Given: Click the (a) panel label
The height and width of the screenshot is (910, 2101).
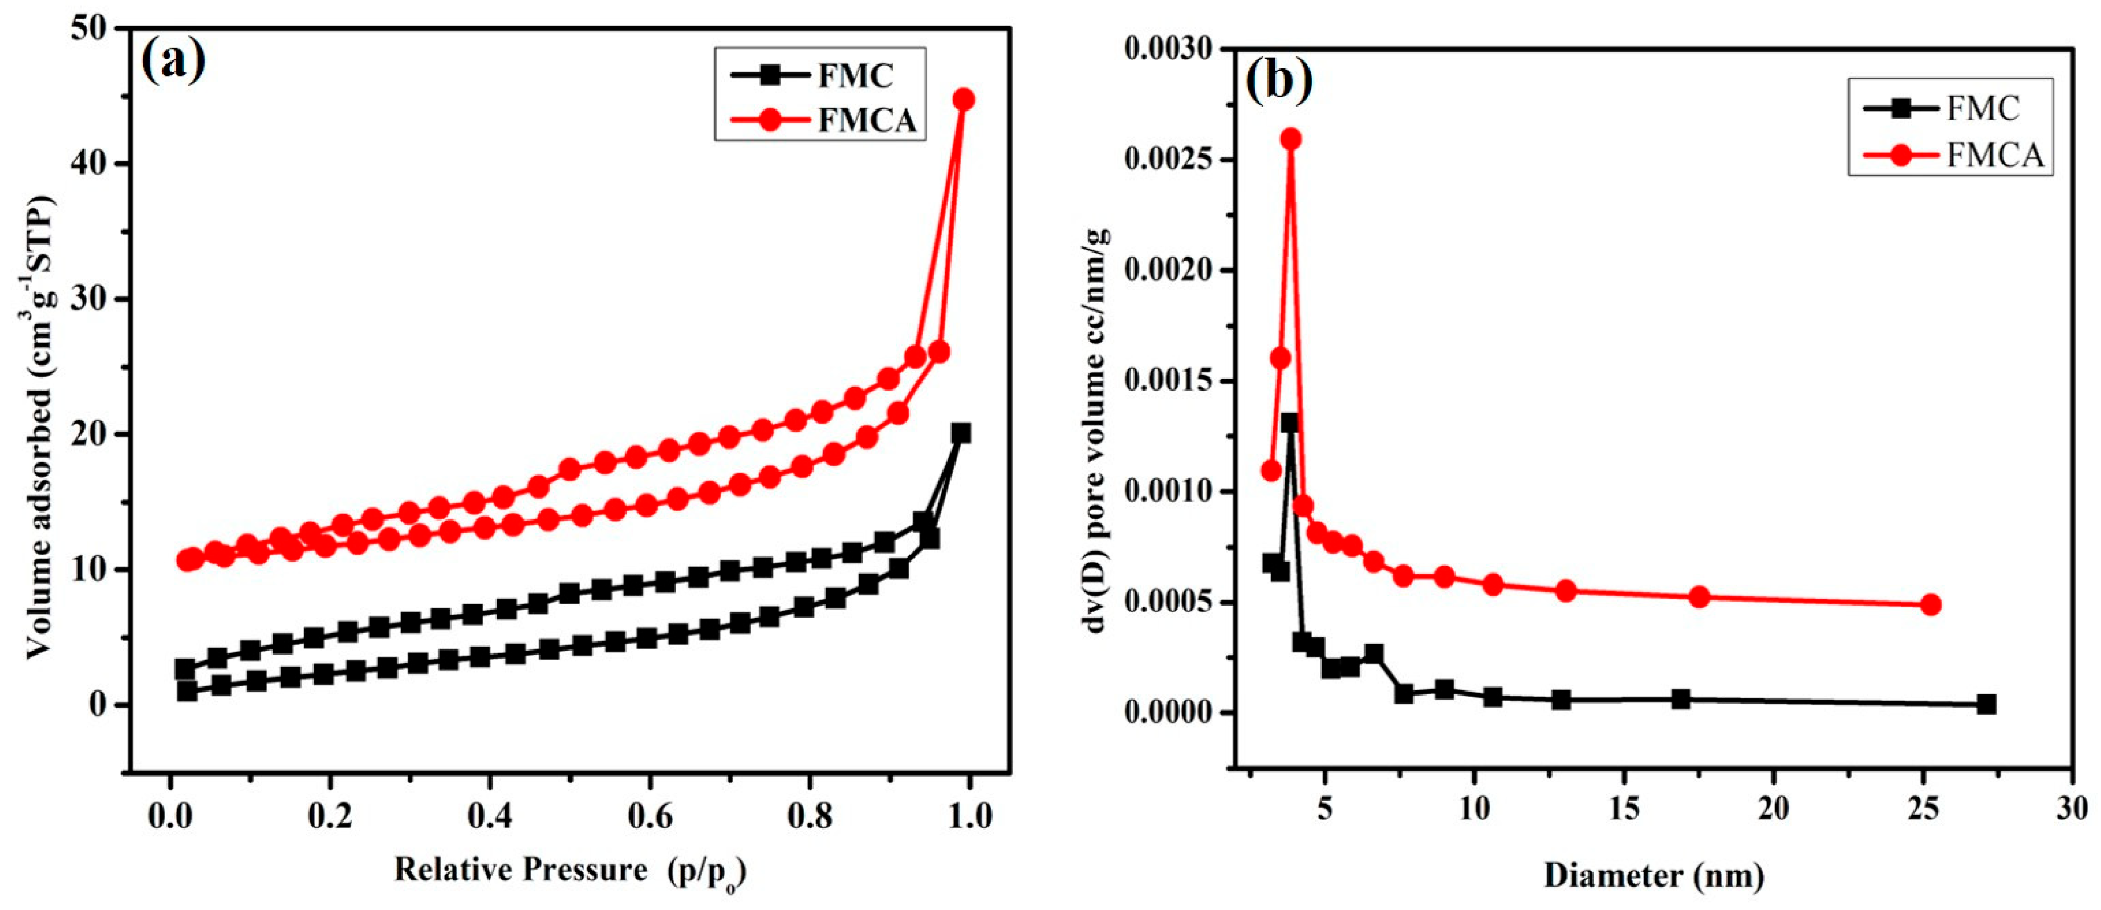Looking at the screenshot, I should [173, 60].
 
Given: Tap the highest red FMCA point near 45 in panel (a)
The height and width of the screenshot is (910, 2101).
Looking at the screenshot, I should [964, 99].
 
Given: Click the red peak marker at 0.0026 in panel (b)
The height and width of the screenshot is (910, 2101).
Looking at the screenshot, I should [1290, 139].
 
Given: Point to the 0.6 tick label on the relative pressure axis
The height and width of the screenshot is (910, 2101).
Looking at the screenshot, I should [650, 817].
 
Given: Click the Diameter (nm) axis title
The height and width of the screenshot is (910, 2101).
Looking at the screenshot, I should [1653, 876].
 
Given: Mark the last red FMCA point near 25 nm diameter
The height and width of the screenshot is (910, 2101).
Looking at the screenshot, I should [1930, 604].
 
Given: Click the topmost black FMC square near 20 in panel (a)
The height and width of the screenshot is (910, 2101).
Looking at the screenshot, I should [961, 433].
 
